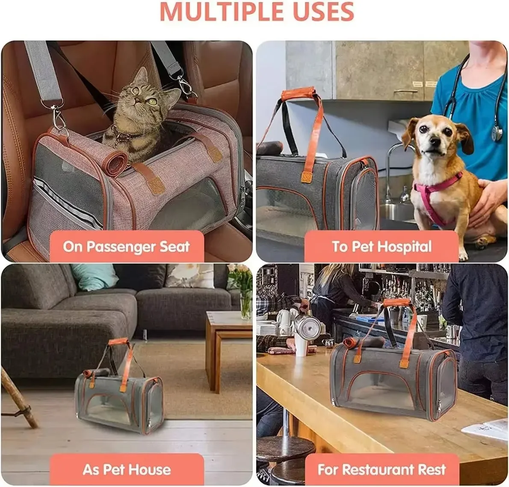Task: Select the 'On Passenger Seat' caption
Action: coord(126,246)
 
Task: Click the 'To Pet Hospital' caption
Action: coord(382,246)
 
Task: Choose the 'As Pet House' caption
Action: coord(127,469)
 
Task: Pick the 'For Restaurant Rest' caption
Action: coord(382,469)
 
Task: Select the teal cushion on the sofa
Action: coord(94,276)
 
